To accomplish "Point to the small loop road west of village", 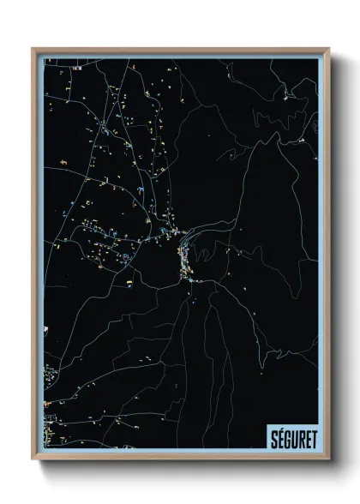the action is click(x=127, y=255).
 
